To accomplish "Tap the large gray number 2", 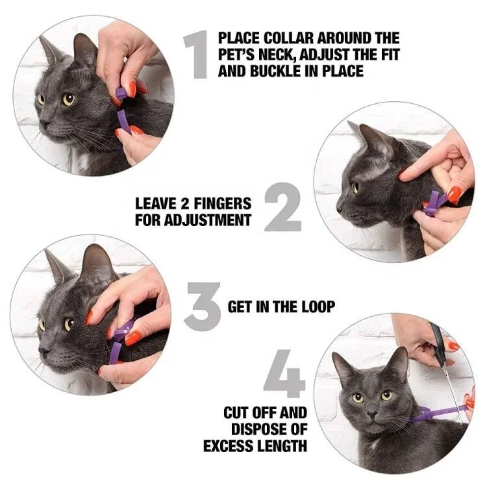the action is click(283, 207).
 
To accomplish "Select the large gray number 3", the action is click(203, 306).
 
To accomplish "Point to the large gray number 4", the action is click(284, 373).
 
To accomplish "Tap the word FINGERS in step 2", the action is click(223, 204).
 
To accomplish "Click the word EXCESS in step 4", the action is click(228, 446).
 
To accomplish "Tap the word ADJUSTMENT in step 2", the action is click(207, 220).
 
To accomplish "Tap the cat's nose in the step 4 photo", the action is click(371, 415).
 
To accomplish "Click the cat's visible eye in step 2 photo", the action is click(355, 187).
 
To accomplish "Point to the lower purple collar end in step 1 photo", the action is click(123, 121).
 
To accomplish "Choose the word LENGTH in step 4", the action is click(281, 446).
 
